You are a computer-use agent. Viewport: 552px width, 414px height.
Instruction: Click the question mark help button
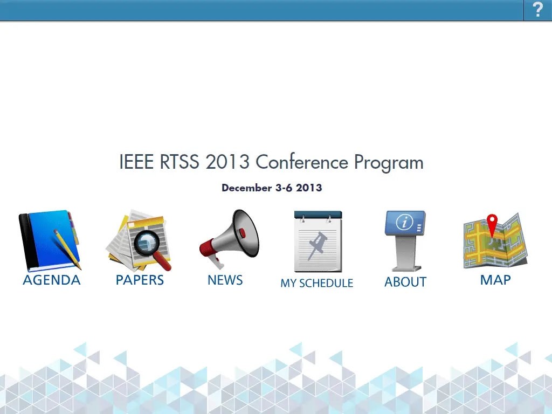pyautogui.click(x=537, y=10)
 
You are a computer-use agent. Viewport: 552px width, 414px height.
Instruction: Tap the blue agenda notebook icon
pyautogui.click(x=50, y=241)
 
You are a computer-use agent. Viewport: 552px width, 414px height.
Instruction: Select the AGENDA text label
pyautogui.click(x=52, y=280)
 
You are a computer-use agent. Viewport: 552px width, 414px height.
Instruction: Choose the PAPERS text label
pyautogui.click(x=140, y=280)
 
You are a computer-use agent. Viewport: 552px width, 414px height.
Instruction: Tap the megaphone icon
pyautogui.click(x=229, y=238)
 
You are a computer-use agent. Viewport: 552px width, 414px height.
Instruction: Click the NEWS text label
pyautogui.click(x=225, y=280)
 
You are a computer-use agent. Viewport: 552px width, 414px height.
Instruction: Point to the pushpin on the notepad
pyautogui.click(x=318, y=245)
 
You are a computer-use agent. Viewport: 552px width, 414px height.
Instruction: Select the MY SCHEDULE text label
pyautogui.click(x=317, y=282)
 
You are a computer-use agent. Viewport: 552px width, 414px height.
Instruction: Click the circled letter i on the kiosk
pyautogui.click(x=404, y=222)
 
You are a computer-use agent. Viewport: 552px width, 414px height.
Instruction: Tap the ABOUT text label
pyautogui.click(x=405, y=282)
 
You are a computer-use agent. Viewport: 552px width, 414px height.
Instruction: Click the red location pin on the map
pyautogui.click(x=492, y=224)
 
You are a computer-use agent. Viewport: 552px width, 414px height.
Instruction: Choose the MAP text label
pyautogui.click(x=495, y=280)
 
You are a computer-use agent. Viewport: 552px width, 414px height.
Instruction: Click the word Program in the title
pyautogui.click(x=389, y=163)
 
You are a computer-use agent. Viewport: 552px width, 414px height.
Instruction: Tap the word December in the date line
pyautogui.click(x=247, y=188)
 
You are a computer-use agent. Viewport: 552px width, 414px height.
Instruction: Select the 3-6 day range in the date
pyautogui.click(x=284, y=188)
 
